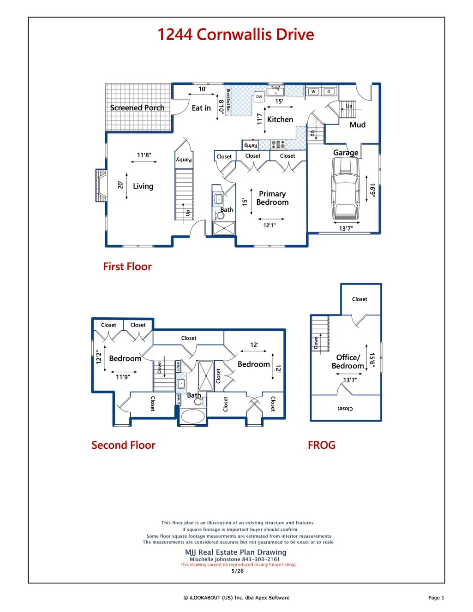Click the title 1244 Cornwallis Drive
pyautogui.click(x=235, y=35)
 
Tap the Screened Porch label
pyautogui.click(x=137, y=107)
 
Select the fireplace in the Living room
pyautogui.click(x=101, y=185)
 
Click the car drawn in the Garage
pyautogui.click(x=346, y=188)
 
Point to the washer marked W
pyautogui.click(x=313, y=91)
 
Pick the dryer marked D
pyautogui.click(x=329, y=91)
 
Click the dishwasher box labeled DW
pyautogui.click(x=259, y=97)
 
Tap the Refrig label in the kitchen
pyautogui.click(x=251, y=145)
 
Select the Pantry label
pyautogui.click(x=184, y=160)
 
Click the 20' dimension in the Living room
pyautogui.click(x=120, y=185)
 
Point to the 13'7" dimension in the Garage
pyautogui.click(x=346, y=228)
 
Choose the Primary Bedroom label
pyautogui.click(x=272, y=198)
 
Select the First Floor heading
pyautogui.click(x=127, y=267)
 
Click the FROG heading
pyautogui.click(x=322, y=445)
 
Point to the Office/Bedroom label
pyautogui.click(x=348, y=362)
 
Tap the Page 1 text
pyautogui.click(x=436, y=598)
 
